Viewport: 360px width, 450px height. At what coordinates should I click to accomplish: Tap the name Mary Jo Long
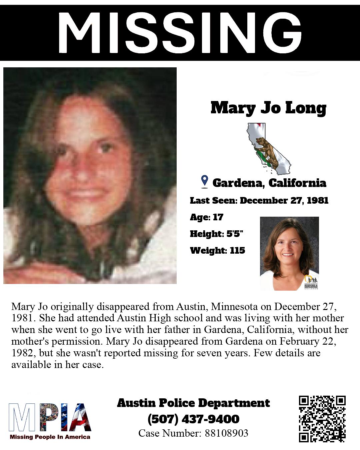tap(268, 108)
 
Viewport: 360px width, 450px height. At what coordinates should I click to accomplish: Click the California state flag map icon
tap(268, 148)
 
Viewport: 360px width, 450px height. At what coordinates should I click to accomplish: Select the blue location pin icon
tap(205, 181)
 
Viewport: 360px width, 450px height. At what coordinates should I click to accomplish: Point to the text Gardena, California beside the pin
tap(269, 183)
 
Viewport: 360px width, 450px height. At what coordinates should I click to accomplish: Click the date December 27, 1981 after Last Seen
tap(284, 200)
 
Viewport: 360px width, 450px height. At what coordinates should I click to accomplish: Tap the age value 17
tap(218, 217)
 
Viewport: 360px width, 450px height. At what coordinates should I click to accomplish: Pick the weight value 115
tap(237, 250)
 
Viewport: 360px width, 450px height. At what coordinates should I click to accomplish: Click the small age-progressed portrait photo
tap(289, 253)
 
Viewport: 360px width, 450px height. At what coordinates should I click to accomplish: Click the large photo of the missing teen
tap(90, 175)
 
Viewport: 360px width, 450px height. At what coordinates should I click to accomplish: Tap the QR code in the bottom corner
tap(322, 419)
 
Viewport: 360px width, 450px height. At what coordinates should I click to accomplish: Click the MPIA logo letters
tap(50, 417)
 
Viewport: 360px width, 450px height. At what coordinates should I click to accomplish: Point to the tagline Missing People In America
tap(50, 437)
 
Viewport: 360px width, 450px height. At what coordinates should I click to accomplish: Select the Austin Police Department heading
tap(193, 403)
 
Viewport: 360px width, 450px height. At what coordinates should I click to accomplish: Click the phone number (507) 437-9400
tap(193, 419)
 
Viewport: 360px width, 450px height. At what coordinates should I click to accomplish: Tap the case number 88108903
tap(226, 433)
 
